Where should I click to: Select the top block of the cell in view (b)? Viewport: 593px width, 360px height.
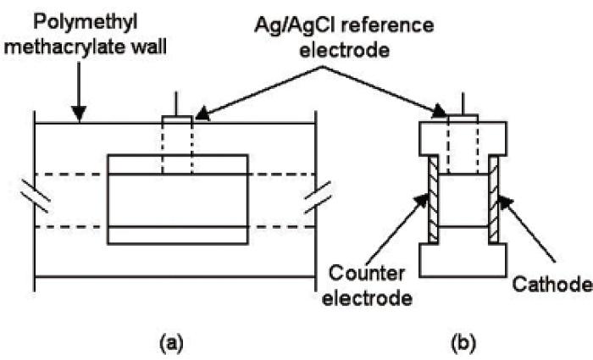[x=463, y=138]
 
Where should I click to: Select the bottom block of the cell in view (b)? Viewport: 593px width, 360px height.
[x=463, y=260]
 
